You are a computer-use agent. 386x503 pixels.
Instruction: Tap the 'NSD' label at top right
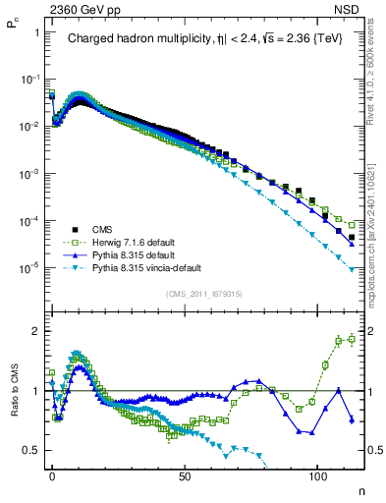click(x=352, y=8)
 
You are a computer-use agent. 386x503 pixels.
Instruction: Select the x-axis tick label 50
click(x=186, y=475)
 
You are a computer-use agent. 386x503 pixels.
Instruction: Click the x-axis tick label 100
click(x=318, y=475)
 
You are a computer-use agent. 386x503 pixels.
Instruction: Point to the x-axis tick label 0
click(x=52, y=475)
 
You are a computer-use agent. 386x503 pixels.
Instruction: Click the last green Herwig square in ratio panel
click(x=351, y=340)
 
